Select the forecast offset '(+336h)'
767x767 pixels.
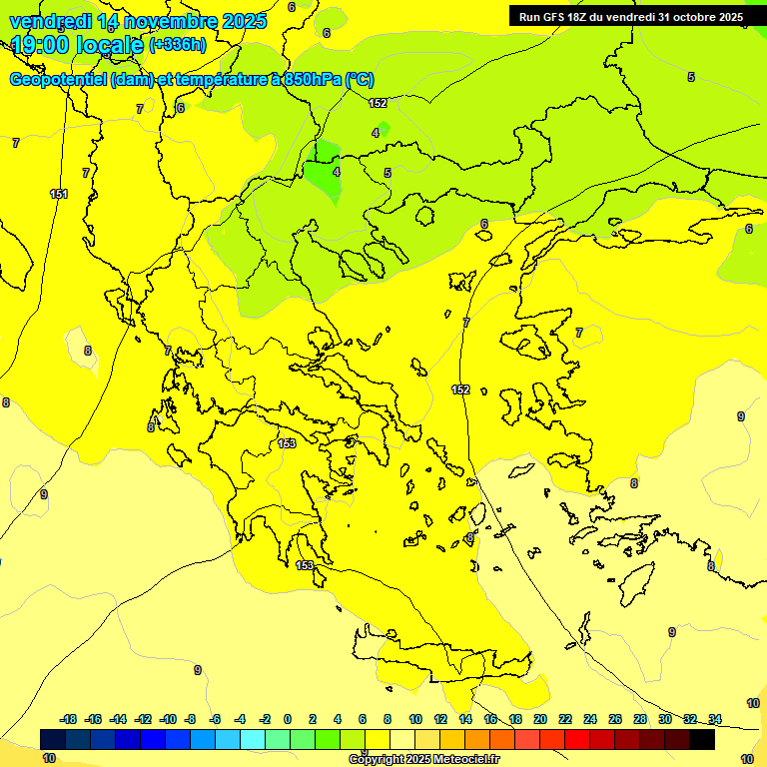[178, 45]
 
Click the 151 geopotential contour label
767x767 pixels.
[59, 194]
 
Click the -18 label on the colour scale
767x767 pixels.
[69, 719]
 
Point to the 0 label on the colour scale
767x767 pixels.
[287, 719]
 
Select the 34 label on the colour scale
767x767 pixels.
[715, 719]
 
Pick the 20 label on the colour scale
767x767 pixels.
[540, 719]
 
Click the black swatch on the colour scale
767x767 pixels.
[702, 739]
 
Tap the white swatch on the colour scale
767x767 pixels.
[402, 739]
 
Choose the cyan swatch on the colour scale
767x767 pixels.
[253, 739]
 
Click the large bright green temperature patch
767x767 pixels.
[323, 170]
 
